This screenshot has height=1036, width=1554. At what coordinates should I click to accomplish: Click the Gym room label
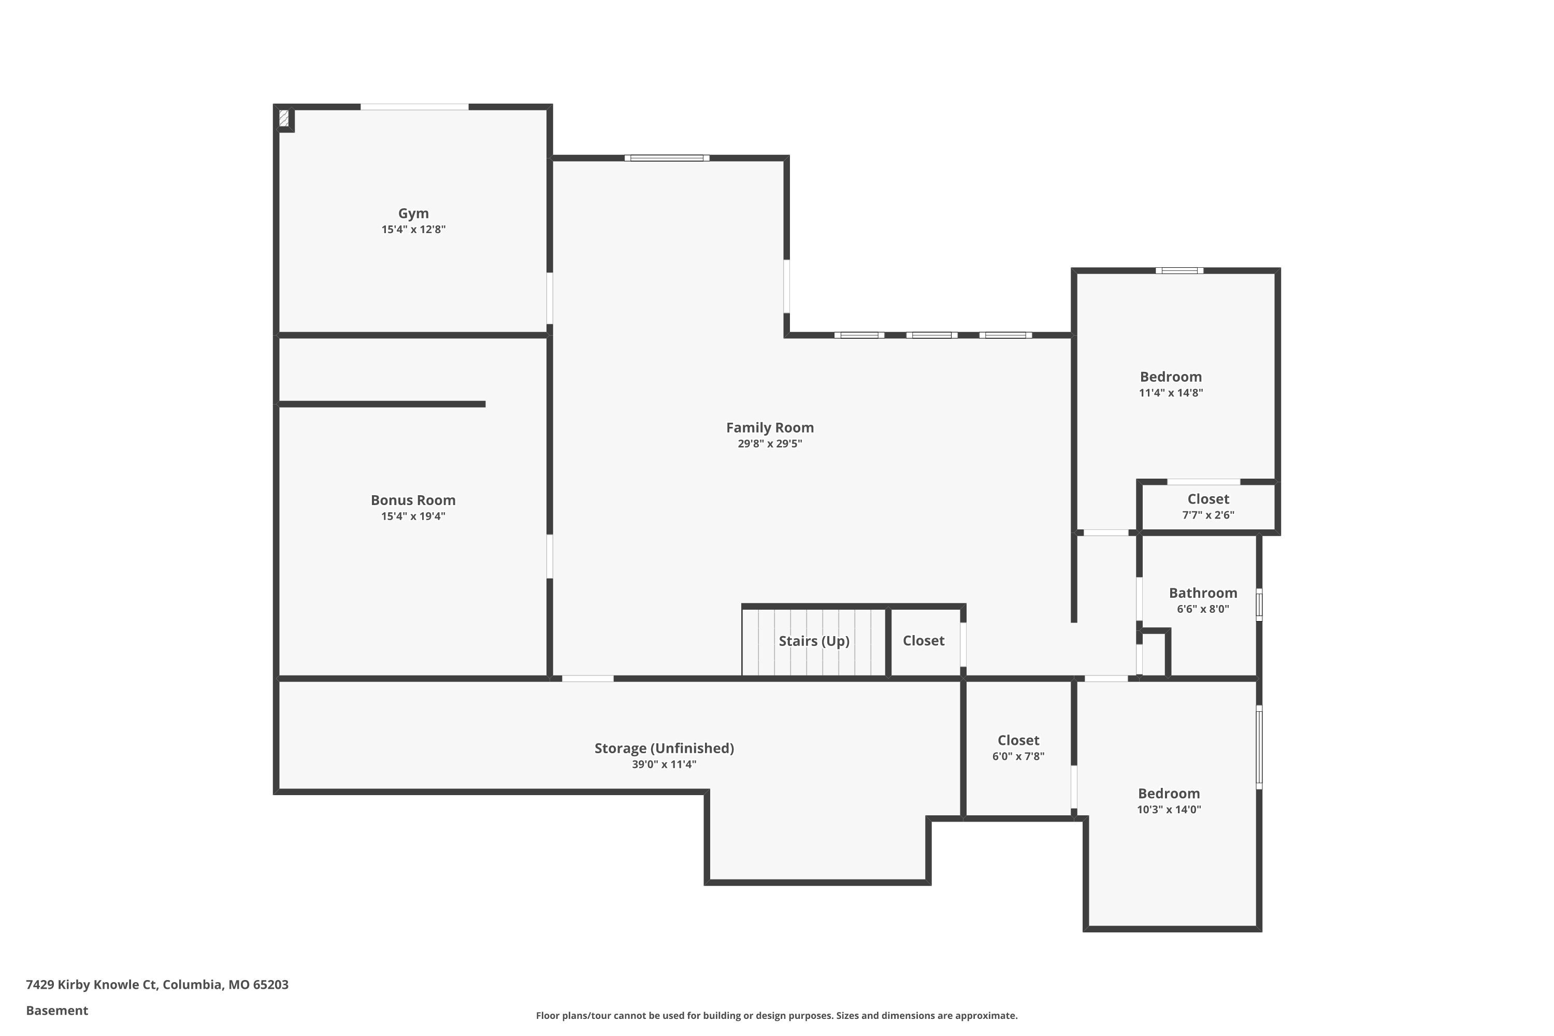point(413,213)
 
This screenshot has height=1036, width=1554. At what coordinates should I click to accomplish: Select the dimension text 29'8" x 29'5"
point(770,444)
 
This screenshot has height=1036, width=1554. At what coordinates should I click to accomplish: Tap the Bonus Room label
point(413,500)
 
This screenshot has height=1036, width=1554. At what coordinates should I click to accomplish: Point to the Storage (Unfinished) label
point(664,748)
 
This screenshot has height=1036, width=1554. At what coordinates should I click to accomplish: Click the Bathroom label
point(1202,593)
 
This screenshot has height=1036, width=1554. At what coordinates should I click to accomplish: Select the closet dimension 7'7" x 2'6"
point(1208,515)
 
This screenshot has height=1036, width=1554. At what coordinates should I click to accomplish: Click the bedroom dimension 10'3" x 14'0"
point(1169,809)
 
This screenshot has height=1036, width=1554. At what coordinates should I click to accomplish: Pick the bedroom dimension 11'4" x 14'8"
point(1171,393)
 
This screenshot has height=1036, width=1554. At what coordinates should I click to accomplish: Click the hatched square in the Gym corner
point(284,118)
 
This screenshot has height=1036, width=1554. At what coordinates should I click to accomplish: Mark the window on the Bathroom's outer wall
point(1259,605)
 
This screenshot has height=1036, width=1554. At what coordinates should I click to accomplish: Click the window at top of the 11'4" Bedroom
point(1179,270)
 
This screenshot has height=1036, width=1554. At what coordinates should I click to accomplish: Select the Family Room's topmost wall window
point(667,158)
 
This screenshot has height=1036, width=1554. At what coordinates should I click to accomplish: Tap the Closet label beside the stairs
point(923,641)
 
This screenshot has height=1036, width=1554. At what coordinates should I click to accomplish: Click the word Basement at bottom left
point(57,1010)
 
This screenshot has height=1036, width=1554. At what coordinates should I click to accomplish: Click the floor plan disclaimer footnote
point(776,1015)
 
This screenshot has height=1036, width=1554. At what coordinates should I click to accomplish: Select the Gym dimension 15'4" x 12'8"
point(413,230)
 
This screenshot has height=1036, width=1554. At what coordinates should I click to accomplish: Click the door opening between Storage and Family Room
point(587,679)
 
